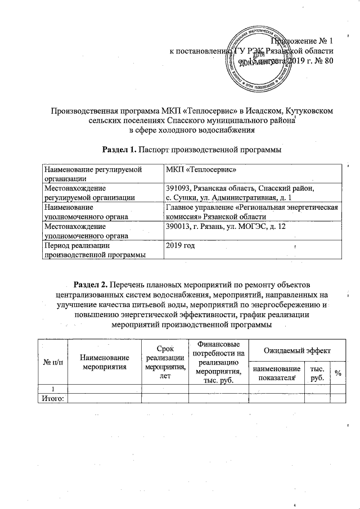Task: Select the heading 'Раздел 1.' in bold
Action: [119, 150]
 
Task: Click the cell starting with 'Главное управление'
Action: [253, 211]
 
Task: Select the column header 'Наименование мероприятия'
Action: [104, 362]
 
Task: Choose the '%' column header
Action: [337, 373]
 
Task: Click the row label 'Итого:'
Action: [51, 399]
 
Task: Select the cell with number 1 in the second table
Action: [52, 389]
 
